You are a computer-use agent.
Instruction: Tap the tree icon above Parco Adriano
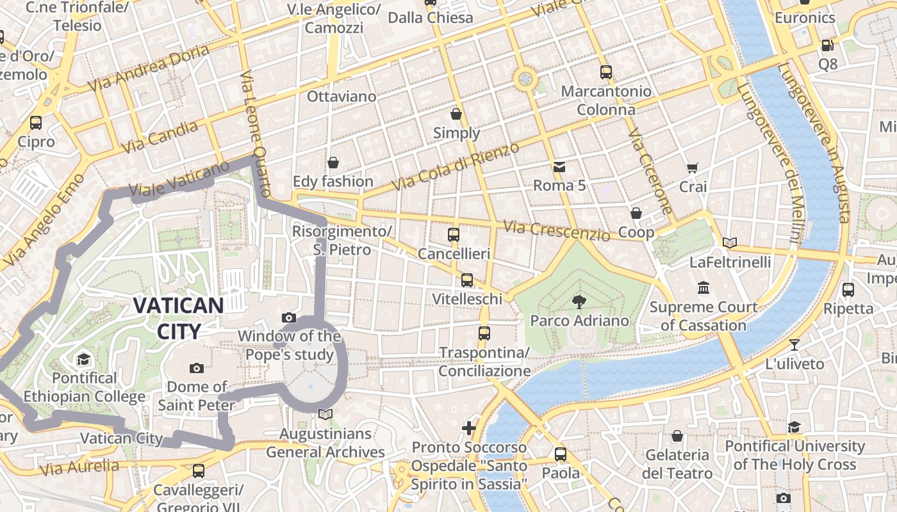click(579, 301)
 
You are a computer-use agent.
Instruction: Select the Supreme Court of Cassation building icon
click(704, 287)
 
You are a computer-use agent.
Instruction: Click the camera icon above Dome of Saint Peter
click(197, 368)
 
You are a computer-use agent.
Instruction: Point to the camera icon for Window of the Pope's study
click(289, 317)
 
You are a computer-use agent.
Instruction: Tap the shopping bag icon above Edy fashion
click(333, 163)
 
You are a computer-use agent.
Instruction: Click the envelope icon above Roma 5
click(559, 168)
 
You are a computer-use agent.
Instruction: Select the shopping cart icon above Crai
click(693, 168)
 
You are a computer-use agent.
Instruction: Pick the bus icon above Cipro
click(36, 122)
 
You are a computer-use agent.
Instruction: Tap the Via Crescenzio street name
click(556, 230)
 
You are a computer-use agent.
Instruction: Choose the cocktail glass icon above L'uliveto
click(794, 345)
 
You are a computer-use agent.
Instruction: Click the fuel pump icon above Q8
click(827, 45)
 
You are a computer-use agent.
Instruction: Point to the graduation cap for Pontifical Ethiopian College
click(83, 359)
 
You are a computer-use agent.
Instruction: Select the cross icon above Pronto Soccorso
click(469, 428)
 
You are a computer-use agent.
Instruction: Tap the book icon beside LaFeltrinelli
click(729, 243)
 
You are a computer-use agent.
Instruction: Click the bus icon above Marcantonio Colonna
click(605, 72)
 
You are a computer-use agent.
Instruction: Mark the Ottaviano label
click(342, 97)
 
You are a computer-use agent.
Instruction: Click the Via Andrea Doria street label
click(149, 68)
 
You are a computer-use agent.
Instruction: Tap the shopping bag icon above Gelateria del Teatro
click(677, 436)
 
